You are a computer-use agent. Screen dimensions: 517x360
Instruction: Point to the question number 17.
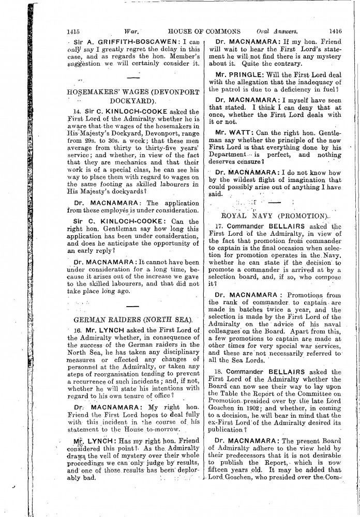coord(219,226)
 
